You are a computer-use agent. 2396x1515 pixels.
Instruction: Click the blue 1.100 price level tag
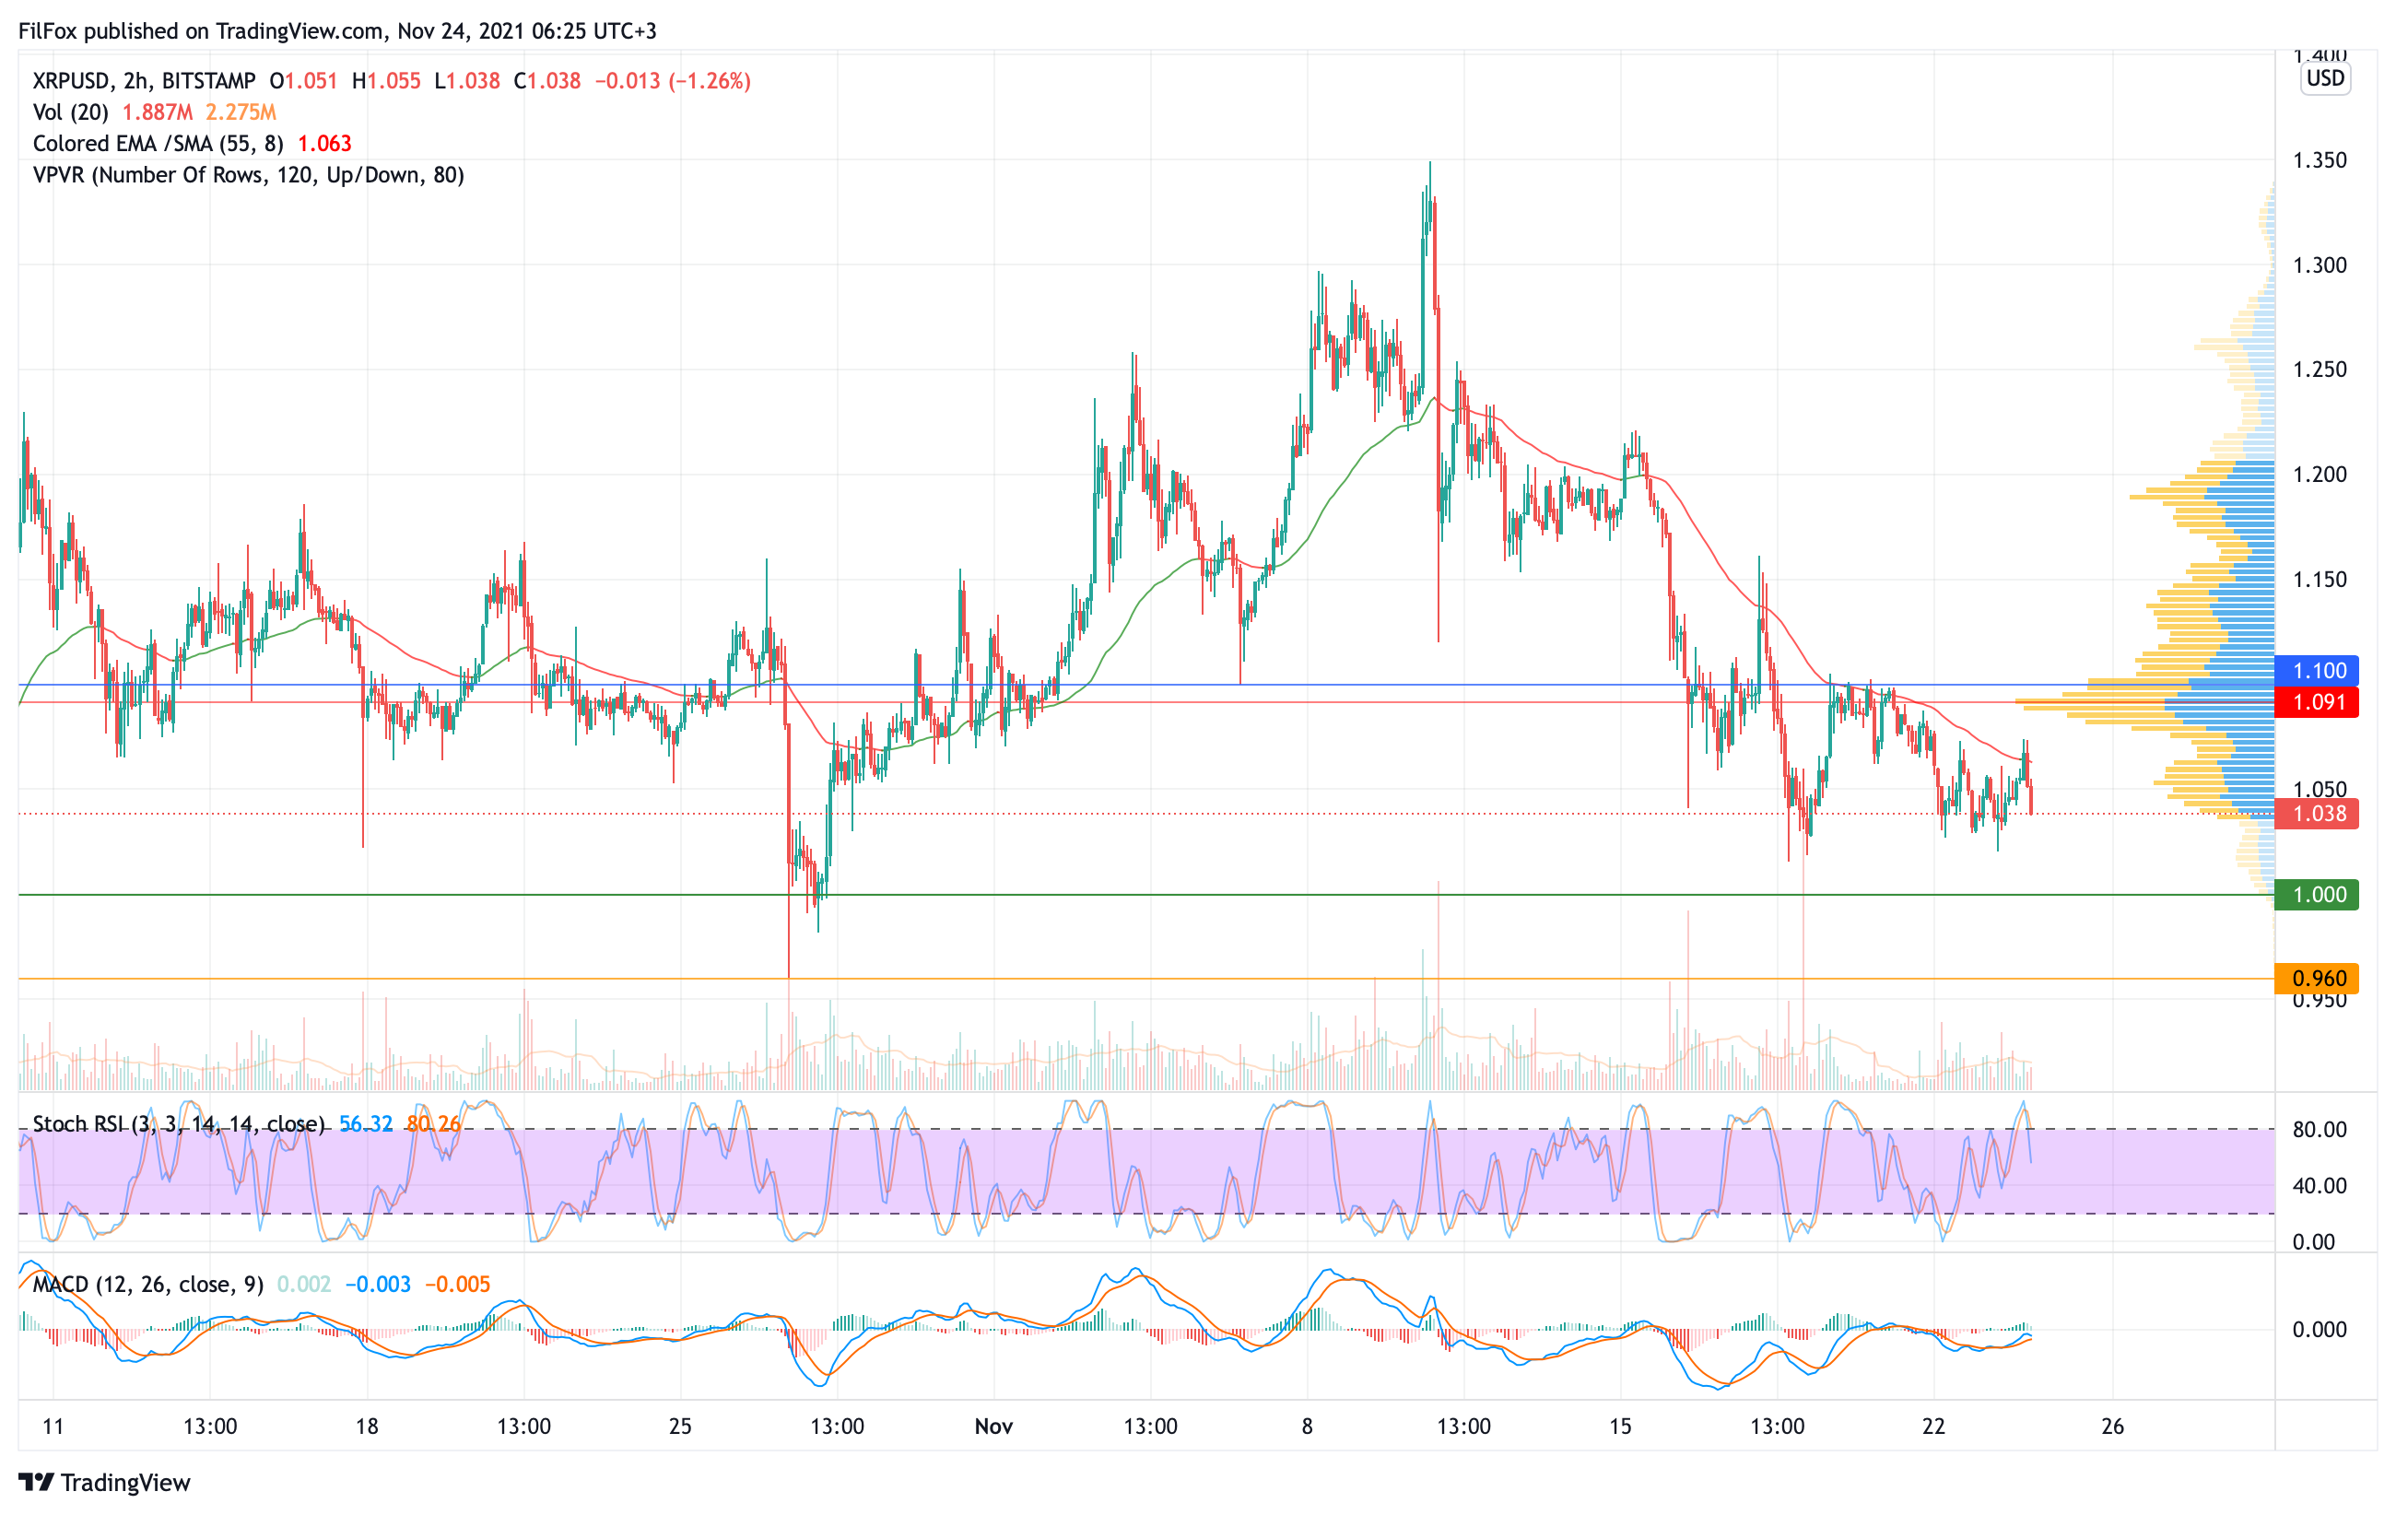click(2319, 671)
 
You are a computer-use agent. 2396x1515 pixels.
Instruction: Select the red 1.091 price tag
click(2319, 702)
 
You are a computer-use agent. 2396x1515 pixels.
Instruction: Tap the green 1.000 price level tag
click(2319, 894)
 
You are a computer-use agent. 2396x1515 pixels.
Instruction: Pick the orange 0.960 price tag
click(2319, 978)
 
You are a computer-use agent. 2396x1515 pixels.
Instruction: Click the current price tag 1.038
click(2319, 814)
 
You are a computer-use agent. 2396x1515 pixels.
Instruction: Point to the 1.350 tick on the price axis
click(2320, 160)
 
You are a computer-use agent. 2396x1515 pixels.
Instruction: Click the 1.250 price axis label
click(2320, 369)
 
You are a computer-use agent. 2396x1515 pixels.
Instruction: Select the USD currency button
click(2325, 77)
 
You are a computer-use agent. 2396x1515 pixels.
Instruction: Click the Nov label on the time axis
click(993, 1427)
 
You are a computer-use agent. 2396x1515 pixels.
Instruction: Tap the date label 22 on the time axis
click(1932, 1427)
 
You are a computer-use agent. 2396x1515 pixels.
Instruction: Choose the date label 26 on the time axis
click(2112, 1427)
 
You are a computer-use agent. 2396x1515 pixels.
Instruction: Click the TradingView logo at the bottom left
click(104, 1482)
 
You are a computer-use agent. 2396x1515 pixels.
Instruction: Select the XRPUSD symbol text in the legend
click(72, 80)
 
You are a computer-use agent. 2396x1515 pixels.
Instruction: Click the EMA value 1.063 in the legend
click(324, 143)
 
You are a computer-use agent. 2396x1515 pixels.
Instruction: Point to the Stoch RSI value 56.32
click(365, 1124)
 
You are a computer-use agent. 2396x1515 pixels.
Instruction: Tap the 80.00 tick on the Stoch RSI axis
click(2320, 1129)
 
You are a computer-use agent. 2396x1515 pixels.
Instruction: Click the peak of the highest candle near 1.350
click(1430, 163)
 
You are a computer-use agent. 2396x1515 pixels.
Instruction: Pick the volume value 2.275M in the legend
click(241, 112)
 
